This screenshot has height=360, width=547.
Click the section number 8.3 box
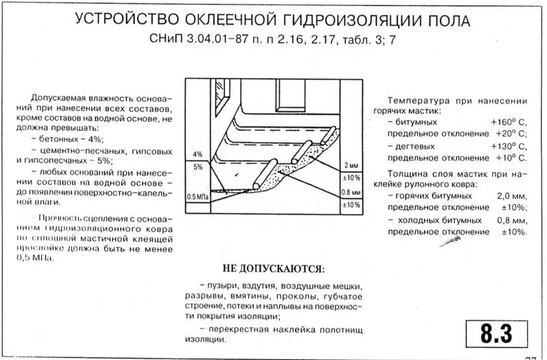[497, 334]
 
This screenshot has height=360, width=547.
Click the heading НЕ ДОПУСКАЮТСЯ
[273, 269]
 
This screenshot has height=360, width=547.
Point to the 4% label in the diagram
[197, 154]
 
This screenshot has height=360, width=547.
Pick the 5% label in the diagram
[197, 167]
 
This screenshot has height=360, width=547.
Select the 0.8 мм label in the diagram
[351, 193]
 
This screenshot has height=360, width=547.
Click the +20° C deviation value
[511, 134]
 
